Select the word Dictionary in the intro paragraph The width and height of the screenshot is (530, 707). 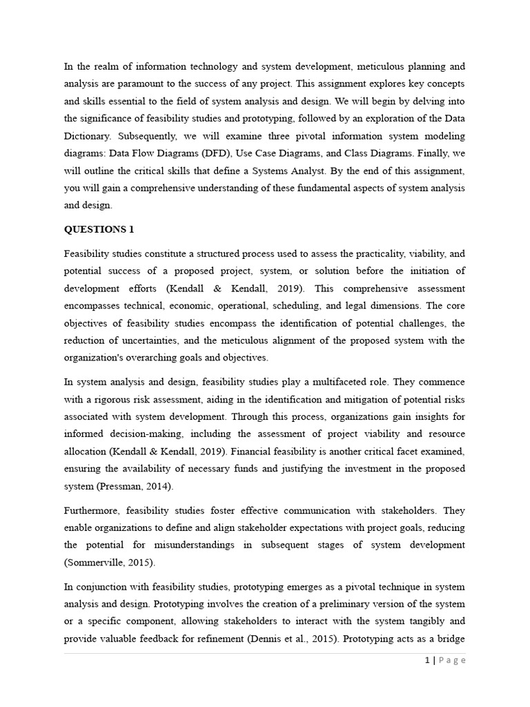87,135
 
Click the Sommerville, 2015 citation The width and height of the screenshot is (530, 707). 109,562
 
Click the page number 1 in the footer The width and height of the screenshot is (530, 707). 427,661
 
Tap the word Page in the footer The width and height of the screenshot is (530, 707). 451,661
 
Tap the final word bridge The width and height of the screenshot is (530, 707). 451,637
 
